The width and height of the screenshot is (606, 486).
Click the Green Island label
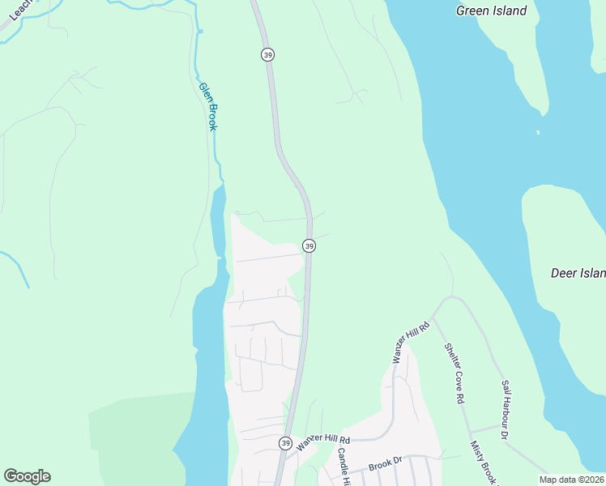(491, 11)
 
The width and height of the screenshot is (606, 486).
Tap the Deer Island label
(578, 273)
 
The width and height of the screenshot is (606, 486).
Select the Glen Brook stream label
(209, 106)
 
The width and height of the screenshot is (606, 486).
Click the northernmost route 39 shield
(268, 54)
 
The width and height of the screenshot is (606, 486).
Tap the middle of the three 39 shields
(309, 245)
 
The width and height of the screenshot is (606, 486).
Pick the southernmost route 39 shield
(285, 443)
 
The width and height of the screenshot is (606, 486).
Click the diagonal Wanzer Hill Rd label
(409, 341)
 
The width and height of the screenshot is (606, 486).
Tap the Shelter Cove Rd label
(454, 373)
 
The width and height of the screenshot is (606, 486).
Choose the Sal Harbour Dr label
(505, 410)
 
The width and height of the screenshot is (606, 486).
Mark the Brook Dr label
(386, 466)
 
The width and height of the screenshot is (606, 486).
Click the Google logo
(27, 476)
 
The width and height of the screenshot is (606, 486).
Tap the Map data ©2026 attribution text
(572, 480)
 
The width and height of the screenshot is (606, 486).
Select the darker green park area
(134, 437)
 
